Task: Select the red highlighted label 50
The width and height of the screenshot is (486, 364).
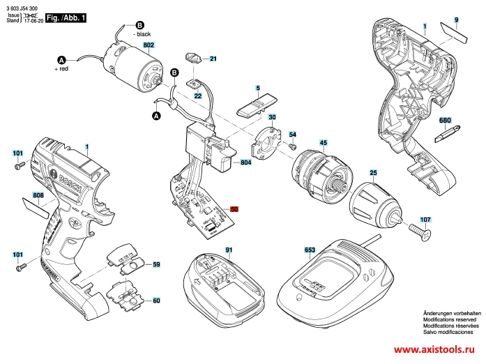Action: point(234,208)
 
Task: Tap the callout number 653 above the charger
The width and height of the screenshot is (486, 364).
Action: point(310,250)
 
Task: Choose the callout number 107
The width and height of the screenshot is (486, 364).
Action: point(425,220)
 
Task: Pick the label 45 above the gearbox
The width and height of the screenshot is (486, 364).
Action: point(323,143)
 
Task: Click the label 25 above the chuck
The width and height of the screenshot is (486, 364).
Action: point(373,172)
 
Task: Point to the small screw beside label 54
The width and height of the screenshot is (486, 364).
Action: point(295,147)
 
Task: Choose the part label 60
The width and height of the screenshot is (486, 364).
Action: point(156,301)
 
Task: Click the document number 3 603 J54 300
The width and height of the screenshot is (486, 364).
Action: point(22,6)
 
